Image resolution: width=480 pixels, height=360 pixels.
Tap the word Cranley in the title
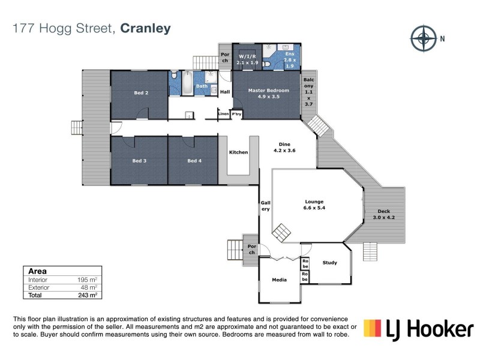[x=146, y=28]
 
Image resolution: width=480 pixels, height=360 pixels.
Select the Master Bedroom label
[x=268, y=94]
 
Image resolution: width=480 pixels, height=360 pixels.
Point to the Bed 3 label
[x=139, y=161]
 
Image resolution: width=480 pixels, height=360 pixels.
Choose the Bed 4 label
[x=194, y=161]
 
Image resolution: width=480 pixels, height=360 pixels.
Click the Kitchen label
[x=238, y=152]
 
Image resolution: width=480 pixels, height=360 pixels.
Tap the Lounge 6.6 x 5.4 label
[x=314, y=205]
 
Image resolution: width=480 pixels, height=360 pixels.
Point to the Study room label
[x=329, y=262]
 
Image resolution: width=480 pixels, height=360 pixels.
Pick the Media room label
[x=279, y=279]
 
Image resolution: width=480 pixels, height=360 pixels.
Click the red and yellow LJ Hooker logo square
[x=373, y=328]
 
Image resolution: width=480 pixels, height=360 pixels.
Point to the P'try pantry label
[x=236, y=113]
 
